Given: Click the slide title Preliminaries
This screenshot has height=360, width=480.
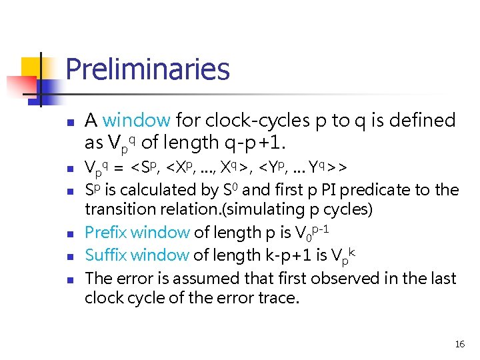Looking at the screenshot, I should [x=147, y=69].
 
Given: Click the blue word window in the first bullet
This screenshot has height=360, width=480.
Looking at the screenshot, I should [x=137, y=121].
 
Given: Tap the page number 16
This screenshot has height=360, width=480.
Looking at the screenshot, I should [x=459, y=344].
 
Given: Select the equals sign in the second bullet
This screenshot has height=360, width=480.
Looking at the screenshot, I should [x=120, y=167].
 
